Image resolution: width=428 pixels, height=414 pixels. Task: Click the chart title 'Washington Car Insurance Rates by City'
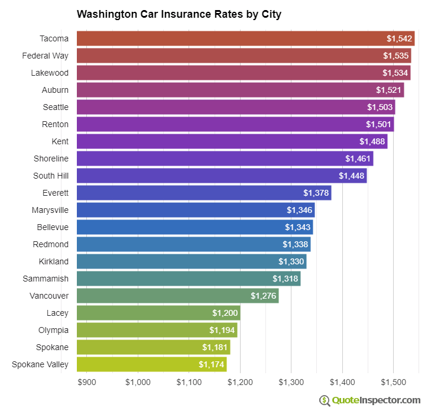pyautogui.click(x=179, y=14)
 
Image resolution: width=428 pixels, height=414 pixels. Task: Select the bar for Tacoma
pyautogui.click(x=245, y=38)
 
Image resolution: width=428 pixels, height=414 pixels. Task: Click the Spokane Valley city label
pyautogui.click(x=40, y=364)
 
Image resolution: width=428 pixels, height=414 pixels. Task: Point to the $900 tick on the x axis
pyautogui.click(x=87, y=382)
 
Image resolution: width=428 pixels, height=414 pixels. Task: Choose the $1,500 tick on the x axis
pyautogui.click(x=393, y=382)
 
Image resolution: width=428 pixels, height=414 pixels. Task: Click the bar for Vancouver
pyautogui.click(x=177, y=296)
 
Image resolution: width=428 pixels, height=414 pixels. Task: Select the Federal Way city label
pyautogui.click(x=46, y=56)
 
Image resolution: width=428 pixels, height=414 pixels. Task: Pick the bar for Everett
pyautogui.click(x=204, y=193)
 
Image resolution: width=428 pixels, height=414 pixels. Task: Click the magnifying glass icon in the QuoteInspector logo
pyautogui.click(x=325, y=400)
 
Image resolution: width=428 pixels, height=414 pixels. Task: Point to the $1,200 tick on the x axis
pyautogui.click(x=240, y=382)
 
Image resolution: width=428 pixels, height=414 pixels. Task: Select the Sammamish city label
pyautogui.click(x=46, y=279)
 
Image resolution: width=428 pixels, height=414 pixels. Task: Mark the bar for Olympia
pyautogui.click(x=157, y=330)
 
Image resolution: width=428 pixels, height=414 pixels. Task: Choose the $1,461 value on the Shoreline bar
pyautogui.click(x=357, y=159)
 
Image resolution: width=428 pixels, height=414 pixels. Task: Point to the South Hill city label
pyautogui.click(x=51, y=176)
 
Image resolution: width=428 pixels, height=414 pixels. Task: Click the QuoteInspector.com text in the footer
pyautogui.click(x=376, y=400)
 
